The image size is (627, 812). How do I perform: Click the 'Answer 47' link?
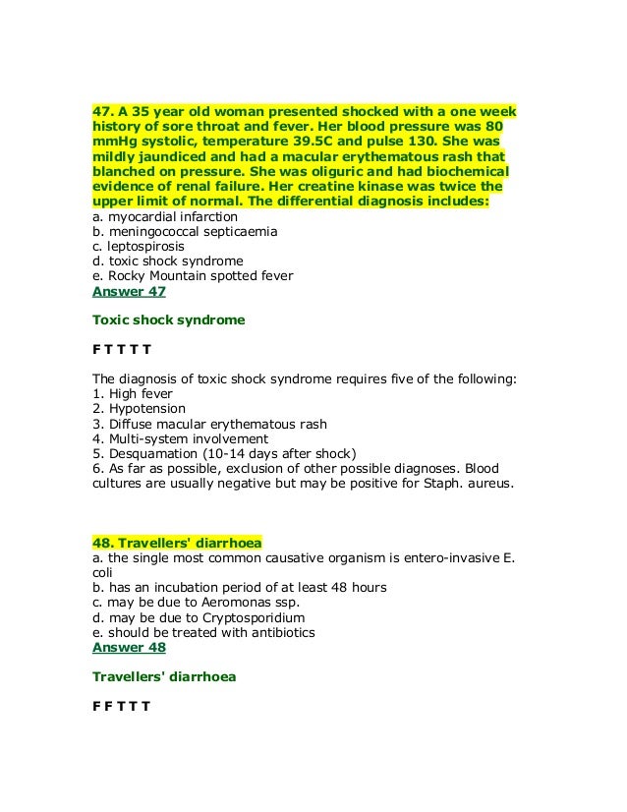coord(129,292)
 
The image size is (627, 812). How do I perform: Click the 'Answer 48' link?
coord(129,648)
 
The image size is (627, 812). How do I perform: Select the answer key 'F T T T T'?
coord(121,349)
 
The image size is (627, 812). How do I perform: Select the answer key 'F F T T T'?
coord(121,706)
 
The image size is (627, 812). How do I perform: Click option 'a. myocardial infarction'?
coord(164,215)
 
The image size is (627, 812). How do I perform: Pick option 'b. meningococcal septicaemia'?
coord(184,231)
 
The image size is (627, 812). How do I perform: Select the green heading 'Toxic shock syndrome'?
coord(168,320)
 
